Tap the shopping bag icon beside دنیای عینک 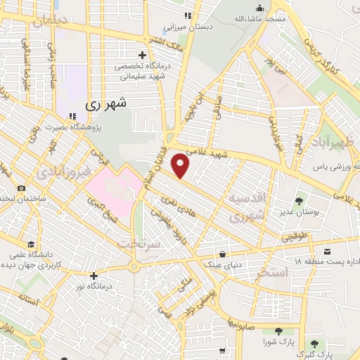point(223,255)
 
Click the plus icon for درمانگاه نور point(94,276)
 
